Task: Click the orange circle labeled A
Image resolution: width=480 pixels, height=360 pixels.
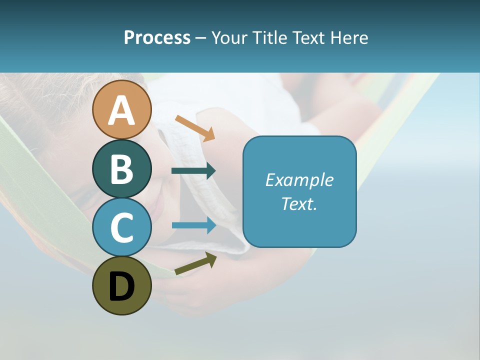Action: coord(121,109)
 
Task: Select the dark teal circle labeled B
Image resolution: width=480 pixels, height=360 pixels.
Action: coord(121,168)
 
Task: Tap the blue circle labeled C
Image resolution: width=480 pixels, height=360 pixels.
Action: coord(121,227)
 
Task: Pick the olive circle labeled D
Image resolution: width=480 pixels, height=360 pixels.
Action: coord(121,285)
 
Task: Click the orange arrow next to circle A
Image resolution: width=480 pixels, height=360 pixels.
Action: coord(195,128)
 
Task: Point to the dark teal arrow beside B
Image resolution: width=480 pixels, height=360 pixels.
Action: coord(193,171)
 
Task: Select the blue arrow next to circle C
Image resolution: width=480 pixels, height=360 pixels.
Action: coord(193,225)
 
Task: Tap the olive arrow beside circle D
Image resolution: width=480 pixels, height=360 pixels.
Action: coord(195,264)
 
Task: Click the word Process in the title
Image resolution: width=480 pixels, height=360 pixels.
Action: coord(157,37)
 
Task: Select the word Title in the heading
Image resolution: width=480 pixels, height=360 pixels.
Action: coord(270,37)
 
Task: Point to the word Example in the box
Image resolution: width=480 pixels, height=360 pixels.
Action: coord(299,180)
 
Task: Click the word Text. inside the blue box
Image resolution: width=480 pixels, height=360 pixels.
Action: coord(299,203)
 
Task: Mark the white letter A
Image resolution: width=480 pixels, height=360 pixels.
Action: coord(121,110)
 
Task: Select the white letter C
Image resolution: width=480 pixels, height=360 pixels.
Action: coord(121,227)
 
